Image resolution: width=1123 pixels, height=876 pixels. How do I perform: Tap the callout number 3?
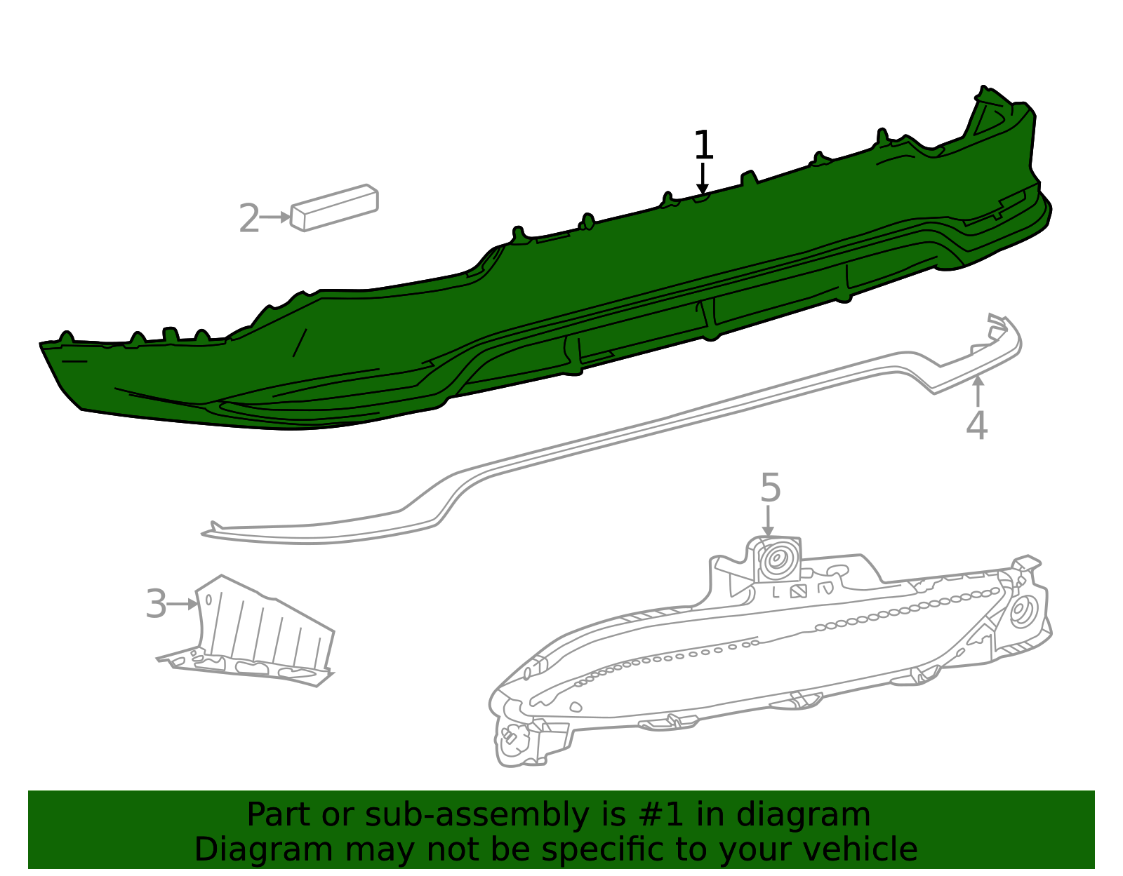pos(156,603)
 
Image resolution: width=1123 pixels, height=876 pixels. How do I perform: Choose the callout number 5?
pos(770,487)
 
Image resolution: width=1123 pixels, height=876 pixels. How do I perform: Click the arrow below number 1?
pos(702,179)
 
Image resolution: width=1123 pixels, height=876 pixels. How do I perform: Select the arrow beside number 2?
pos(275,217)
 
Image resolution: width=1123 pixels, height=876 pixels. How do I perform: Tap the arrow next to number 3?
pos(182,604)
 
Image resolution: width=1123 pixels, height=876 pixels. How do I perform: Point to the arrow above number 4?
pos(978,391)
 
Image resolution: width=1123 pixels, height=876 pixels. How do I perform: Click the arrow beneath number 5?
pos(768,521)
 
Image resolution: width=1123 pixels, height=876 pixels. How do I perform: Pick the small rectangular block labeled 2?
pos(334,208)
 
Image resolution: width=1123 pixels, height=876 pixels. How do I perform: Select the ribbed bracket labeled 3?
pos(246,631)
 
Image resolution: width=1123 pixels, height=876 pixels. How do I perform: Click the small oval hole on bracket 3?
pos(208,600)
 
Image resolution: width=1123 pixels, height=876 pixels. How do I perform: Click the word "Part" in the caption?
pos(279,815)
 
